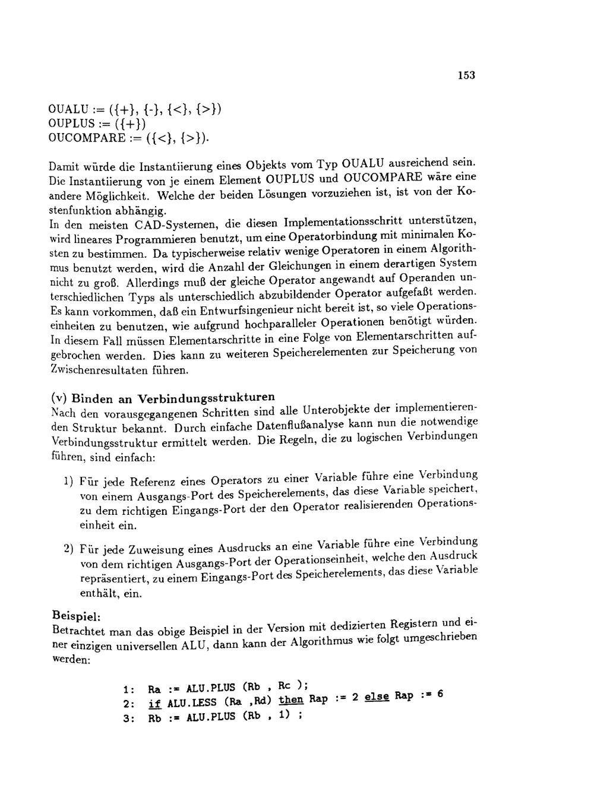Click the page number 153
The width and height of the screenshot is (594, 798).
[x=466, y=75]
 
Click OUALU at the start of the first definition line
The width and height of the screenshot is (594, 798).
[x=68, y=110]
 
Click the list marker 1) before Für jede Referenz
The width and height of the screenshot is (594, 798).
[x=68, y=480]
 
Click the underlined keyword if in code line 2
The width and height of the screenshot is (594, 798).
[x=154, y=704]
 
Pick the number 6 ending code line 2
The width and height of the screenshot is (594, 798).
[x=440, y=694]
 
